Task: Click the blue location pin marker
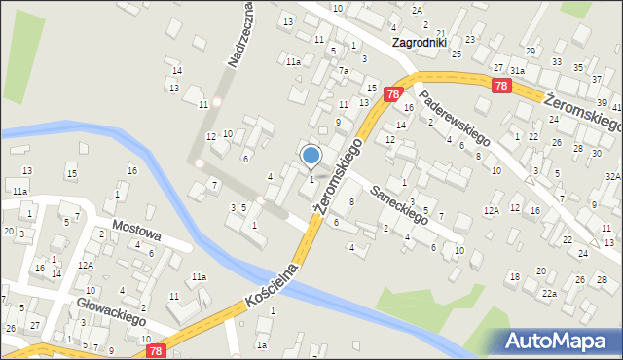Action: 311,155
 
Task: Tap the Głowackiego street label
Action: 111,312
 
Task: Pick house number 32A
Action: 612,177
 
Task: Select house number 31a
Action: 518,71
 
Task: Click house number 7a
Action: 343,71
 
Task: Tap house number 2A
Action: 417,10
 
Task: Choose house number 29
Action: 531,51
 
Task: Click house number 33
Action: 556,62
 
